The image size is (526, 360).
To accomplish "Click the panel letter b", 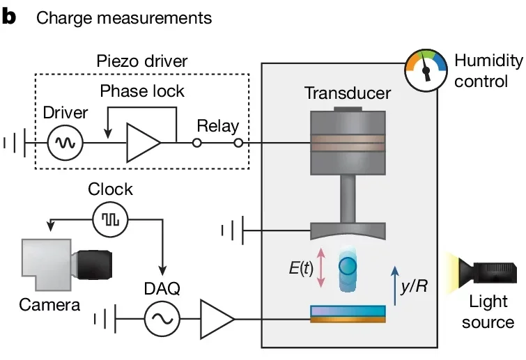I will pyautogui.click(x=9, y=17).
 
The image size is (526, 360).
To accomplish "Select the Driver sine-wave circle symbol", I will pyautogui.click(x=65, y=143).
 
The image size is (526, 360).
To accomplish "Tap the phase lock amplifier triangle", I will pyautogui.click(x=142, y=143).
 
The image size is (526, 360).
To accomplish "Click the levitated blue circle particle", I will pyautogui.click(x=348, y=267).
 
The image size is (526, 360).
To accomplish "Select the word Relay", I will pyautogui.click(x=218, y=127).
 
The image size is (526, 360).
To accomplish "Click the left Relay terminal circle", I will pyautogui.click(x=197, y=143).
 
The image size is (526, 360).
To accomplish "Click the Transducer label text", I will pyautogui.click(x=348, y=93).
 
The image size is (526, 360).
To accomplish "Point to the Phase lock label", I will pyautogui.click(x=142, y=91).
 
